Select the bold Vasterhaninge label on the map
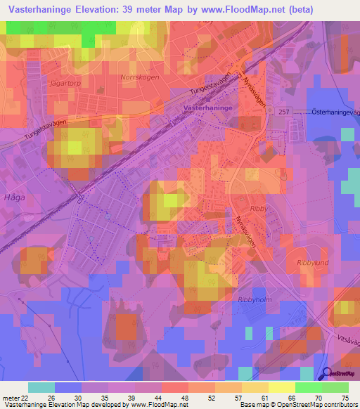(x=208, y=108)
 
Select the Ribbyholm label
(x=254, y=299)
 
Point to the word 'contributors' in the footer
(x=340, y=405)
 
